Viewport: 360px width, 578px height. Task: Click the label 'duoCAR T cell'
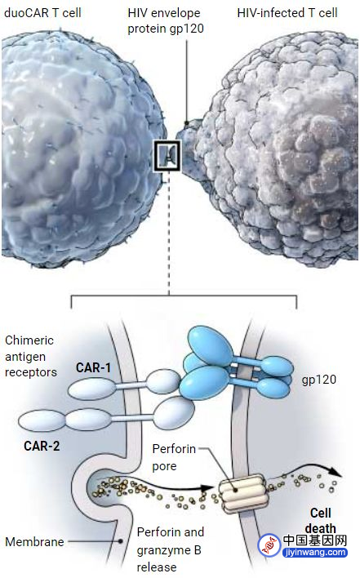(42, 13)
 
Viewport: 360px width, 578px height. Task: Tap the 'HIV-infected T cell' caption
(287, 13)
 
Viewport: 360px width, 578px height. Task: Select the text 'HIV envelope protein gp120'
(166, 21)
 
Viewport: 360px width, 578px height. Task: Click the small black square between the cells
(167, 156)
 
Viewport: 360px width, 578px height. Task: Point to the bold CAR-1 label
(93, 367)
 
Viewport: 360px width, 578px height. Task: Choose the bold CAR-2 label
(42, 446)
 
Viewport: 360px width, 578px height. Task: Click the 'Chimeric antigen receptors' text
(30, 356)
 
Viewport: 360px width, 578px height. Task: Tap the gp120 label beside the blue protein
(319, 380)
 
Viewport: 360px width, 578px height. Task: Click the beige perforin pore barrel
(244, 494)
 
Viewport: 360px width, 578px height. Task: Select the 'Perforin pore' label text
(174, 457)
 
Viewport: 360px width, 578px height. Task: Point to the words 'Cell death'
(321, 521)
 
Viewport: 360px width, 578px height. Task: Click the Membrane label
(34, 542)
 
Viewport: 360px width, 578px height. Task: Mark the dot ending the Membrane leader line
(121, 541)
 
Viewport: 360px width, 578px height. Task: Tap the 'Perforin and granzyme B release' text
(171, 549)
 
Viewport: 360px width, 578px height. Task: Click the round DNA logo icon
(269, 545)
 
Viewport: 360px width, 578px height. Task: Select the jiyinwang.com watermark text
(314, 552)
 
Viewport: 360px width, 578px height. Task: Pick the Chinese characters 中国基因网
(315, 540)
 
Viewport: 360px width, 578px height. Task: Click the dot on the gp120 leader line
(187, 123)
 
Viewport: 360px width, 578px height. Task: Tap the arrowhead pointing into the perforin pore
(207, 487)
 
